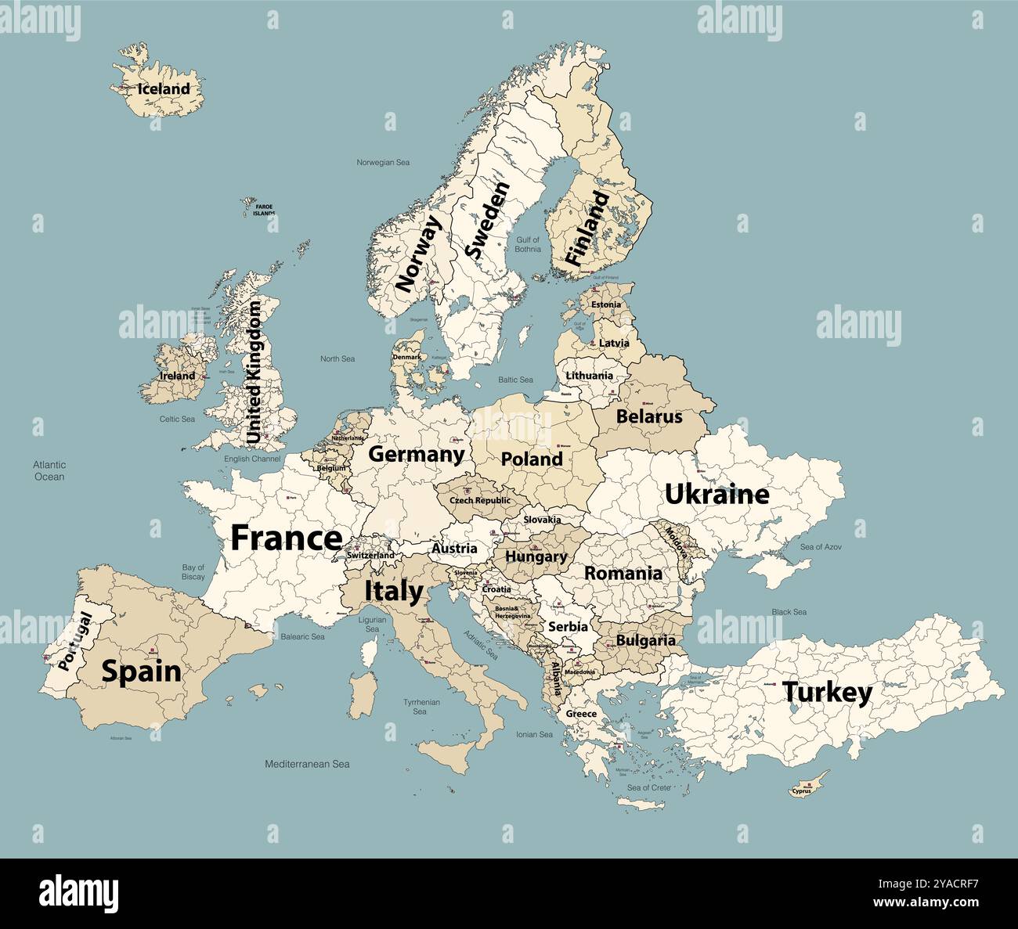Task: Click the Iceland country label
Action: tap(164, 89)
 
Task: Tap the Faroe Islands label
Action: tap(264, 210)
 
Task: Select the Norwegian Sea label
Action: tap(383, 163)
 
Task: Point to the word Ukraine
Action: tap(717, 494)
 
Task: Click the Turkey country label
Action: tap(827, 693)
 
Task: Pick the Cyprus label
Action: tap(801, 790)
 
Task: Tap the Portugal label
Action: tap(75, 641)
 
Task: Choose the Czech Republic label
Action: tap(479, 500)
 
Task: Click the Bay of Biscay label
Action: tap(193, 572)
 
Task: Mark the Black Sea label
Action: tap(789, 612)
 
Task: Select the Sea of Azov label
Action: tap(821, 547)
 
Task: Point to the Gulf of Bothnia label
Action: tap(527, 244)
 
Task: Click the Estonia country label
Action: tap(606, 304)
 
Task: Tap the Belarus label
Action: tap(649, 416)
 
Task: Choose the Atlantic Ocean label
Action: tap(49, 470)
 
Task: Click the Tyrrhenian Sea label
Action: tap(421, 707)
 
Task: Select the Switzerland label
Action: tap(370, 556)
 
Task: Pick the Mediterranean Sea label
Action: tap(307, 764)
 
